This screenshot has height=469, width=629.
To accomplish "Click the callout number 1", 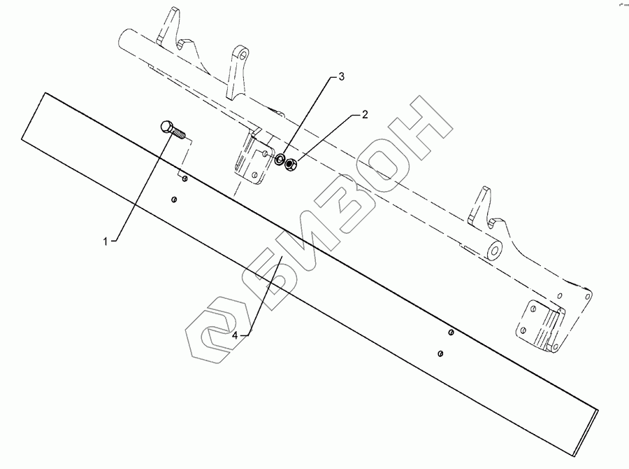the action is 106,241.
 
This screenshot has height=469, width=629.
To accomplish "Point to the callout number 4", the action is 236,335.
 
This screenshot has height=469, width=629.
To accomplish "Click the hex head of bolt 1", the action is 166,127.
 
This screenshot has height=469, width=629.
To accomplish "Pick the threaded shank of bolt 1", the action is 181,133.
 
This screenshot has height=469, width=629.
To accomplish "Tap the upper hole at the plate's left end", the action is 185,180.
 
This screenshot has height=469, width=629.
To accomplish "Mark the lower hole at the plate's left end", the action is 173,199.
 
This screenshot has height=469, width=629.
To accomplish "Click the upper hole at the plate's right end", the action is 451,332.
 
